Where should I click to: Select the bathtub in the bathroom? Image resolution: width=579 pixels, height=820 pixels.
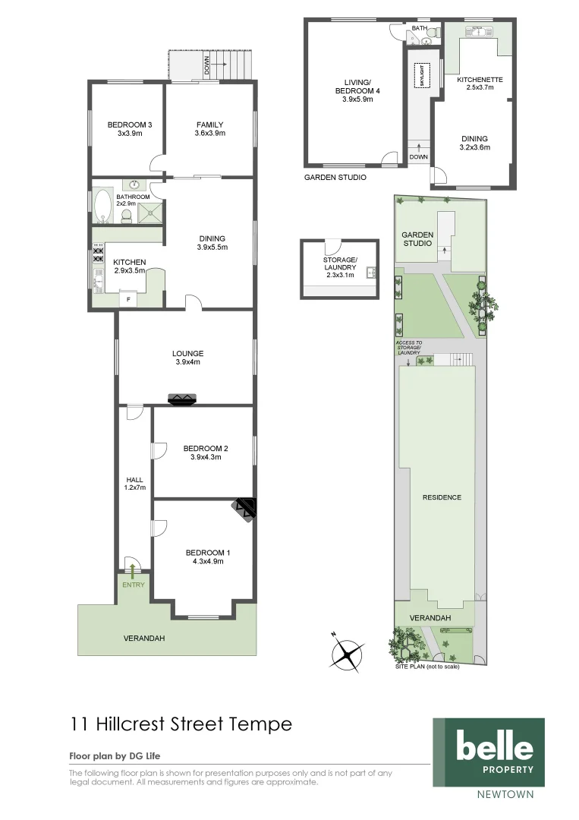(x=102, y=206)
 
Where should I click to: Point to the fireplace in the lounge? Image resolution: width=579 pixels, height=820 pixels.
(x=182, y=399)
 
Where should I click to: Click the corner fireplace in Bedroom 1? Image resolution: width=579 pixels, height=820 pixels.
(x=247, y=509)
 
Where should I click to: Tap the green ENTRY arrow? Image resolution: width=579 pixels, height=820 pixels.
(x=134, y=571)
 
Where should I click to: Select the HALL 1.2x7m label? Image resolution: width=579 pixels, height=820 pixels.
(x=134, y=483)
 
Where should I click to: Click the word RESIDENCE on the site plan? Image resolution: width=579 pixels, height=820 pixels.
(x=442, y=497)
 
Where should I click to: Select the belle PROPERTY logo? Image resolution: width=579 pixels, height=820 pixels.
(x=488, y=752)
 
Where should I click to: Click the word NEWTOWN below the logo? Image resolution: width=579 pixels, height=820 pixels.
(x=505, y=795)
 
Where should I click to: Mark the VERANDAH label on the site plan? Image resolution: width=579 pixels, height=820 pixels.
(x=430, y=618)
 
